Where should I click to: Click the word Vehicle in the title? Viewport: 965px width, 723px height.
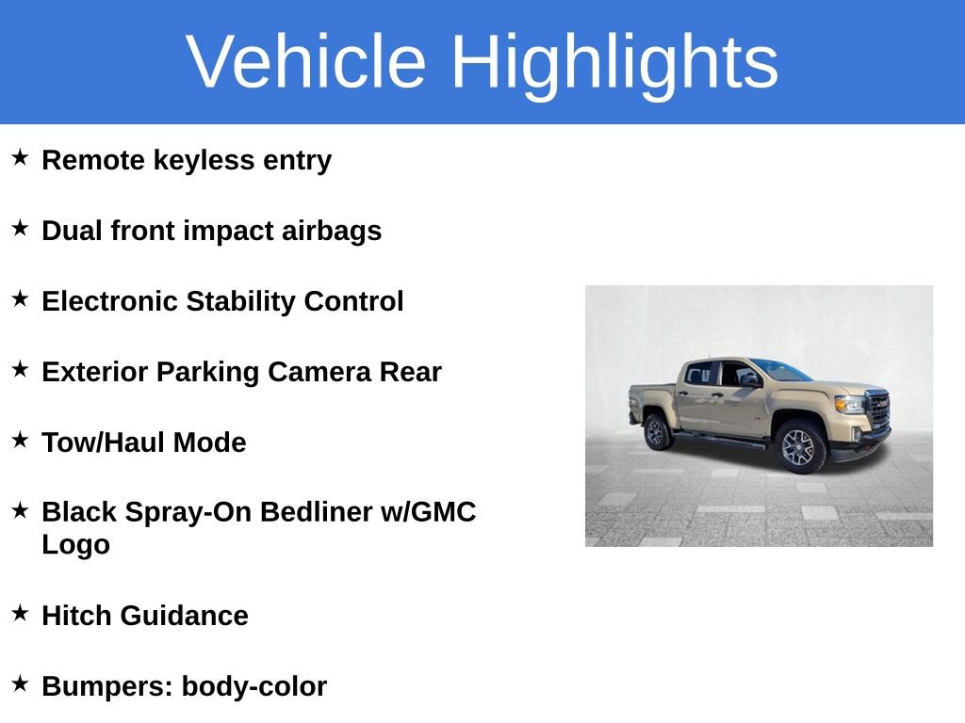click(306, 62)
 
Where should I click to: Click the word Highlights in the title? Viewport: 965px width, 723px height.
click(614, 62)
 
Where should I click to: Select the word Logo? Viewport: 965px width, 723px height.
click(75, 545)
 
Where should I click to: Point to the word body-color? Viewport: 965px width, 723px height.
click(254, 687)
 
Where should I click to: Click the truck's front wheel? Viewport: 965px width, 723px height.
click(800, 446)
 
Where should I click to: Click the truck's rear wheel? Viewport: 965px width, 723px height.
click(657, 432)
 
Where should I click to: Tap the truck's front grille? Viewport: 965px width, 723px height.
click(879, 410)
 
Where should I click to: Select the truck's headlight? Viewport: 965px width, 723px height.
click(849, 403)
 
